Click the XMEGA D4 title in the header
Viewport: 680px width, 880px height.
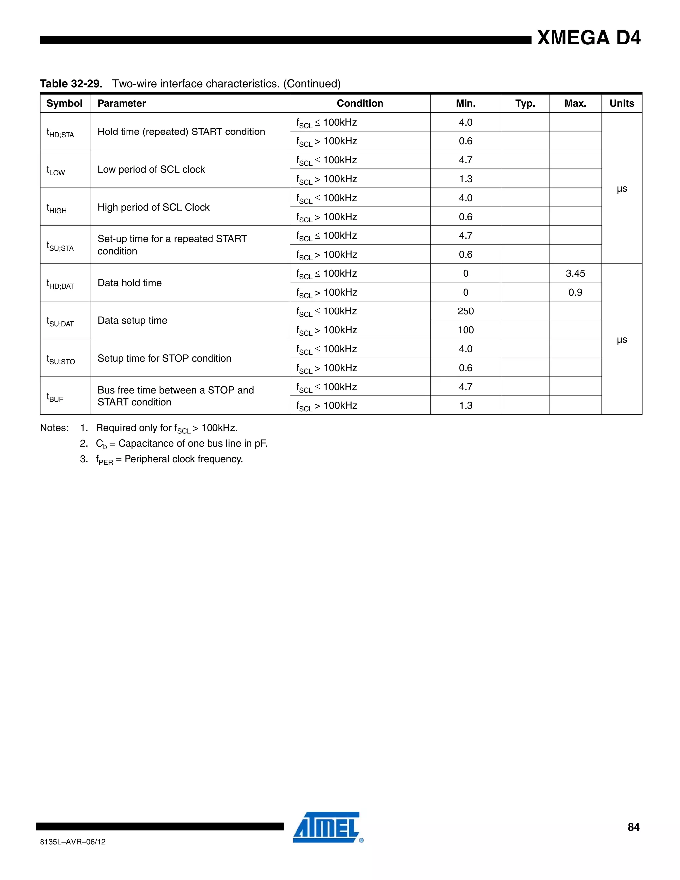click(x=589, y=38)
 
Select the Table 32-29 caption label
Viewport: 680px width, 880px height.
click(x=71, y=84)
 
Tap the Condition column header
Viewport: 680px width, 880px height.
click(x=360, y=104)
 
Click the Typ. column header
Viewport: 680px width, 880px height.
click(x=525, y=104)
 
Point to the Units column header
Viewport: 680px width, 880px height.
click(x=622, y=104)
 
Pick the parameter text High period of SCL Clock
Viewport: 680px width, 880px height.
click(x=153, y=207)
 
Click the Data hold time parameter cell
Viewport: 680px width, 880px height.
click(x=130, y=283)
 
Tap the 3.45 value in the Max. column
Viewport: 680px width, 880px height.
click(x=575, y=274)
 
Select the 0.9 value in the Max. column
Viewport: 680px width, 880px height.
click(x=575, y=293)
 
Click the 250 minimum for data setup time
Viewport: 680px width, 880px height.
click(x=466, y=311)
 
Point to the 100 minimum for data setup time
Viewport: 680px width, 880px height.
click(x=466, y=330)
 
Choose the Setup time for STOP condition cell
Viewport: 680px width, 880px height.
click(x=164, y=358)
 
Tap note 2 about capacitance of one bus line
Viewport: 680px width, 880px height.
click(x=181, y=444)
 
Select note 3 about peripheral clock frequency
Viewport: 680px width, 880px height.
click(x=169, y=459)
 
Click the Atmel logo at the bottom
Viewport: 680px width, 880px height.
click(x=327, y=827)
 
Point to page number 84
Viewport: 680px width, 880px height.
click(x=633, y=827)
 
